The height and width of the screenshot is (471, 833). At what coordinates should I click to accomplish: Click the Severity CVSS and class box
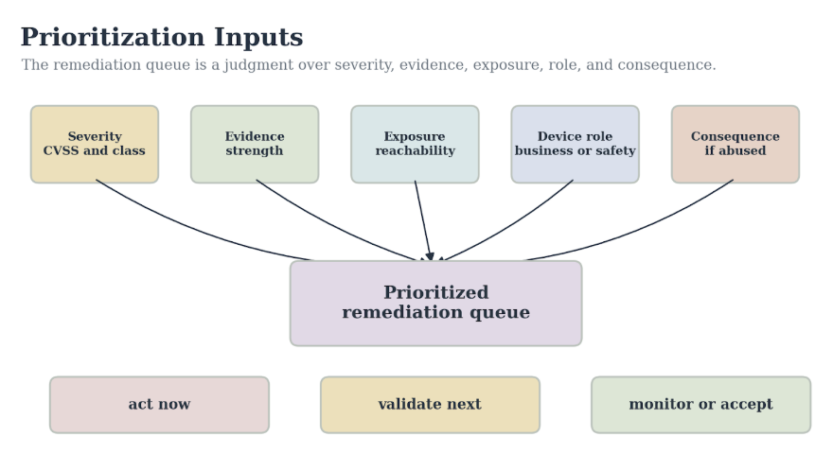[x=95, y=144]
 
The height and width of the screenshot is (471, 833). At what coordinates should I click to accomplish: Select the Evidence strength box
[x=255, y=144]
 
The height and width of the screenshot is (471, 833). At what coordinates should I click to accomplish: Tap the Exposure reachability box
[x=415, y=144]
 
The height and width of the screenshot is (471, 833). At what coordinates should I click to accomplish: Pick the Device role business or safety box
[x=575, y=144]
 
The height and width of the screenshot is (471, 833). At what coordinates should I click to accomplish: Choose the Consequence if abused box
[x=736, y=144]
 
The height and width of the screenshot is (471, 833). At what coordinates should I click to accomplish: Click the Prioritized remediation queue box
[x=436, y=304]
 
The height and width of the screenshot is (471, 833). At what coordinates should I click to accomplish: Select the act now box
[x=159, y=405]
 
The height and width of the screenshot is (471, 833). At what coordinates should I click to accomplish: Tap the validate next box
[x=431, y=405]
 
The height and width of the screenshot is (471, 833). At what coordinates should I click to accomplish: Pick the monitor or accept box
[x=701, y=405]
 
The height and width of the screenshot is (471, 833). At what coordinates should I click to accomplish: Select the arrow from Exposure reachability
[x=423, y=221]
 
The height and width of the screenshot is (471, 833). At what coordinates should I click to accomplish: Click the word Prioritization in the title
[x=113, y=37]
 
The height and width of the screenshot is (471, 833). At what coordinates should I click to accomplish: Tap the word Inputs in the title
[x=258, y=37]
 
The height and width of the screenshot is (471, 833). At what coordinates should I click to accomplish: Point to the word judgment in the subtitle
[x=258, y=65]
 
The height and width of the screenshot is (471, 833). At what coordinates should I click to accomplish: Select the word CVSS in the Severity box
[x=61, y=150]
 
